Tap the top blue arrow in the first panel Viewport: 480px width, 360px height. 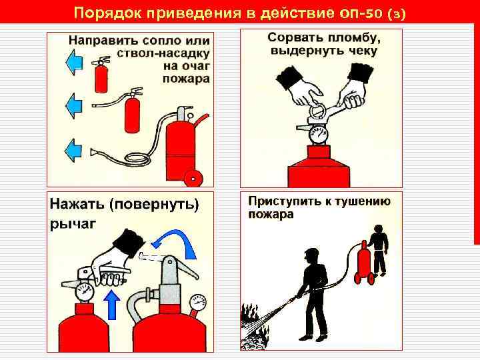73,62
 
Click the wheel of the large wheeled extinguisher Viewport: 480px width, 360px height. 193,177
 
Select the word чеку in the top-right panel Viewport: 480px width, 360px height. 363,51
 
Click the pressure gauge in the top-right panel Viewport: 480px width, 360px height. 318,134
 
